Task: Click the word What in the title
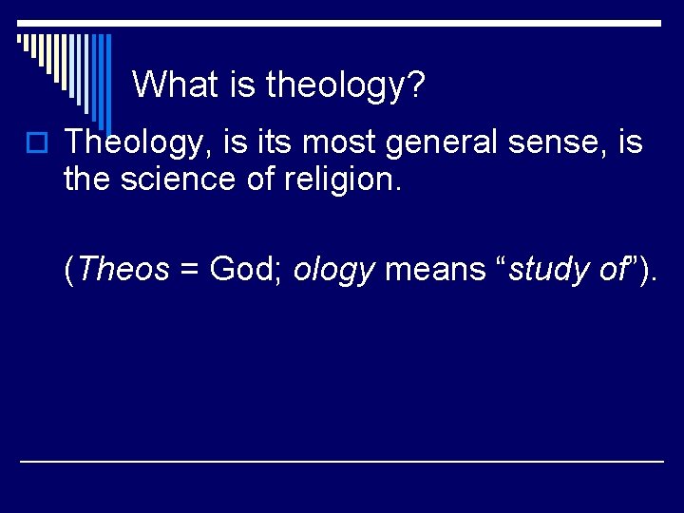(177, 85)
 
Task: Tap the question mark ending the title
(416, 85)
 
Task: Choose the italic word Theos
(123, 270)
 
